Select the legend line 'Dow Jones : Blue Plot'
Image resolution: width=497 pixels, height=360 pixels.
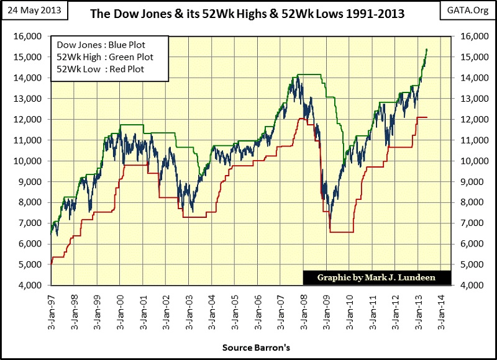(97, 45)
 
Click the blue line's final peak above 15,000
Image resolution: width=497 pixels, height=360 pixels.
(426, 49)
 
